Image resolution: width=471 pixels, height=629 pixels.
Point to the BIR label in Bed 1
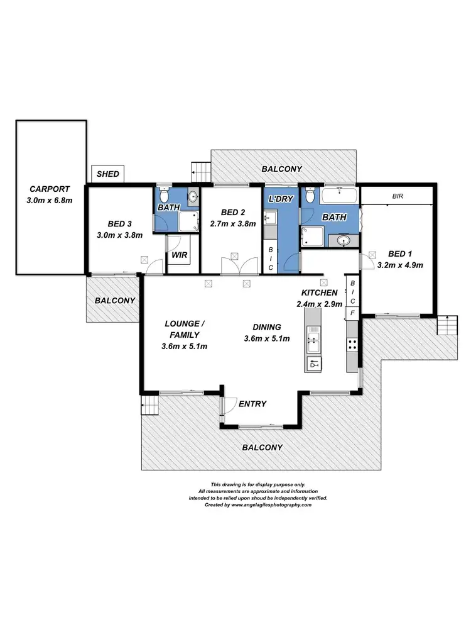click(397, 196)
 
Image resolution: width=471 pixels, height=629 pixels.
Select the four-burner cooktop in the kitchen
click(352, 344)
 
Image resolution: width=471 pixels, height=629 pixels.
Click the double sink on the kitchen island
click(312, 343)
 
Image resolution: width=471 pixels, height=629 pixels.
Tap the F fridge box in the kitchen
click(352, 313)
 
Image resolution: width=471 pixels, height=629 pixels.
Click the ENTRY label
click(252, 404)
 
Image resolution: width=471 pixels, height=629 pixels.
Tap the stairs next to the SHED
click(200, 170)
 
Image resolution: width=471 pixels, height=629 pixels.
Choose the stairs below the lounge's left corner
click(149, 406)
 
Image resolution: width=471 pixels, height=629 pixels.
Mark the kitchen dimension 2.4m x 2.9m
click(320, 304)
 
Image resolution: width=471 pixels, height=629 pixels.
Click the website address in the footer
click(271, 504)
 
